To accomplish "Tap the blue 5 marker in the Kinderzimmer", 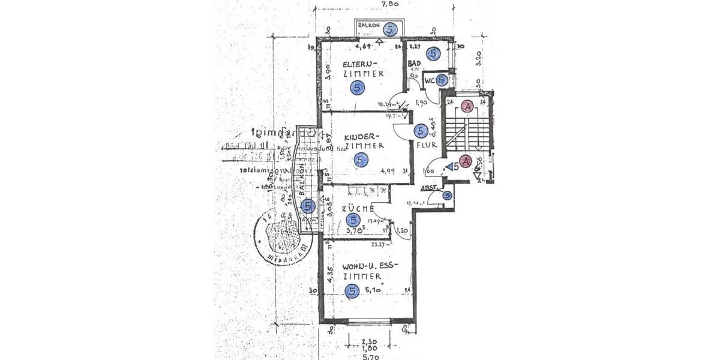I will (x=360, y=160).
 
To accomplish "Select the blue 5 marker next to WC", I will (x=442, y=80).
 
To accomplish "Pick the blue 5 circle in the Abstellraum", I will (x=447, y=195).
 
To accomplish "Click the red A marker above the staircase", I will (x=468, y=106).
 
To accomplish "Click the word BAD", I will (x=414, y=63).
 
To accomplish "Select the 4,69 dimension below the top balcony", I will (x=364, y=46).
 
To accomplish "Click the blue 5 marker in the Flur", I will (x=421, y=130).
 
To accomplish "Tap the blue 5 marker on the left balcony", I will (x=307, y=206).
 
